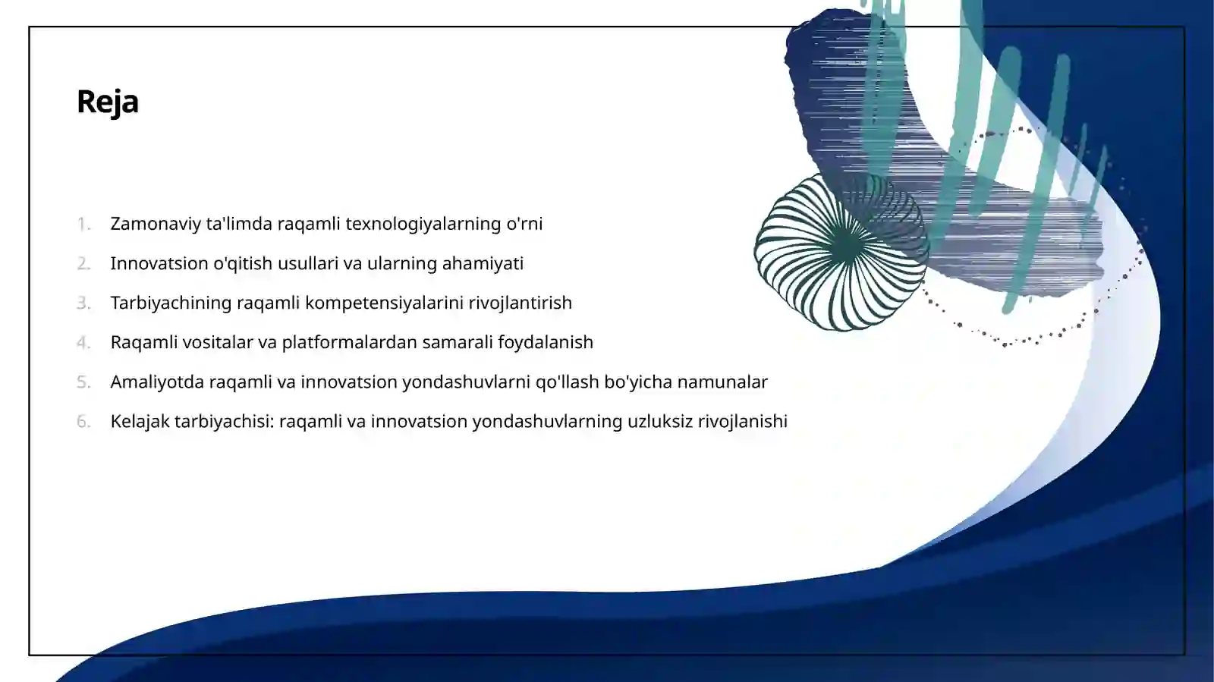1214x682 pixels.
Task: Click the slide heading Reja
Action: point(108,102)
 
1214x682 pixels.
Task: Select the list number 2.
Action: point(83,263)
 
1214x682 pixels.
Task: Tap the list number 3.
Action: point(83,303)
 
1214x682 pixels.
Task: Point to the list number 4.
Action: point(83,342)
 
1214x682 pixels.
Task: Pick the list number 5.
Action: point(83,382)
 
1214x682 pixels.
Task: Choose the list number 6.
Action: point(83,421)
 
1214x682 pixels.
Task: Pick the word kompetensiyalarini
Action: point(384,303)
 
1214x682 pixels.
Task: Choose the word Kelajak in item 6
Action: point(140,421)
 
